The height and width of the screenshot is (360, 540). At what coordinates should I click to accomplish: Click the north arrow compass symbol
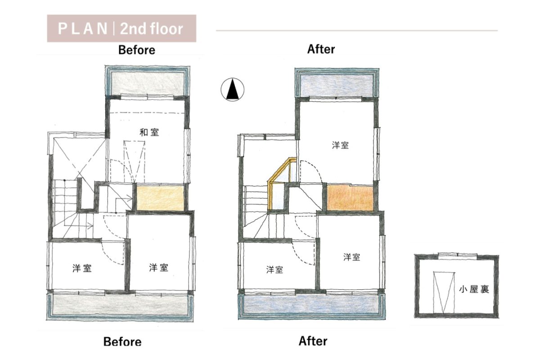pos(232,90)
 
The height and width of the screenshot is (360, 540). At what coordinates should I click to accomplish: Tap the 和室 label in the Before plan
pos(149,132)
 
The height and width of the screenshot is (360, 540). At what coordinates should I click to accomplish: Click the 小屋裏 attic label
pos(474,289)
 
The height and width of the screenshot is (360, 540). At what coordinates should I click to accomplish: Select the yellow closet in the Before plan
pos(160,198)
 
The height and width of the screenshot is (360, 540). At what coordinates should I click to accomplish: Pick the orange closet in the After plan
pos(350,198)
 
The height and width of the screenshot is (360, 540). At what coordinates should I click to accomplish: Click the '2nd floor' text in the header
pos(152,29)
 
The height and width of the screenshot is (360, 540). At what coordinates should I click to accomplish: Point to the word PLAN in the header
pos(83,29)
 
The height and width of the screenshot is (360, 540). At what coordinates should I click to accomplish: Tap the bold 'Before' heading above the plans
pos(137,50)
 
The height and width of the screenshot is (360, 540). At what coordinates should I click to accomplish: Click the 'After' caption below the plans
pos(313,341)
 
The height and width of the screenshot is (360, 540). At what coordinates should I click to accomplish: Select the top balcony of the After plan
pos(337,83)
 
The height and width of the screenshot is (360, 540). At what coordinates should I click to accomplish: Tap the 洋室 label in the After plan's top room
pos(340,145)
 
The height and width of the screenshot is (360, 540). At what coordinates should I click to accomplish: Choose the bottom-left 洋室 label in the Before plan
pos(82,268)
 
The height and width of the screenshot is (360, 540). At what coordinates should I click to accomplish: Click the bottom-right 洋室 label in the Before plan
pos(158,267)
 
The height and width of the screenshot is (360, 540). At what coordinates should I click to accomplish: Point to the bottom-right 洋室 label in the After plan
pos(352,257)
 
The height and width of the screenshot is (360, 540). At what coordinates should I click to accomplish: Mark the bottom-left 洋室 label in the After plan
pos(274,270)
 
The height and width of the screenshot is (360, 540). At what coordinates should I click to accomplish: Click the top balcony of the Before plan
pos(147,81)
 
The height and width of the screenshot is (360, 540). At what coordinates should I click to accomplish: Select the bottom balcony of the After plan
pos(312,306)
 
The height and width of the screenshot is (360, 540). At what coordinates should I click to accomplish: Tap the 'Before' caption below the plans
pos(122,342)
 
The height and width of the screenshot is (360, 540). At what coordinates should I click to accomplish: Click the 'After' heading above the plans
pos(321,49)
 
